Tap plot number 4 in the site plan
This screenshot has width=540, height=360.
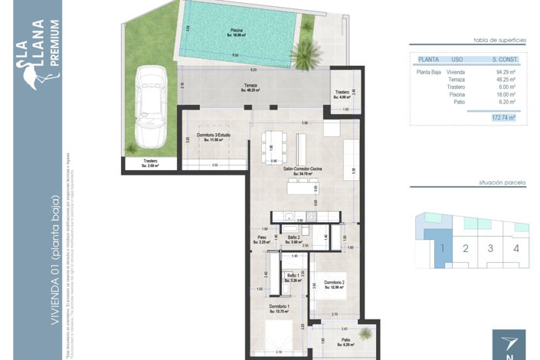coord(516,248)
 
